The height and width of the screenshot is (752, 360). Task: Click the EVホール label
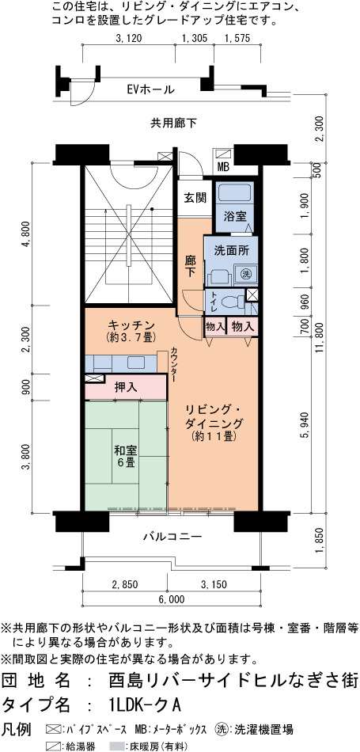(150, 89)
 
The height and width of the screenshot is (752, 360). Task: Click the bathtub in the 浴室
(234, 195)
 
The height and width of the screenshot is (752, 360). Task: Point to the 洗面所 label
(230, 250)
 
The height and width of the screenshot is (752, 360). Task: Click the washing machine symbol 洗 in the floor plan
(246, 275)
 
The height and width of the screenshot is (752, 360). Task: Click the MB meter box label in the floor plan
(223, 167)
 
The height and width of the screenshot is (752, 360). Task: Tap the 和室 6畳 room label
(126, 457)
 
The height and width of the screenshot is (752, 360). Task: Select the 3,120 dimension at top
(129, 39)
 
